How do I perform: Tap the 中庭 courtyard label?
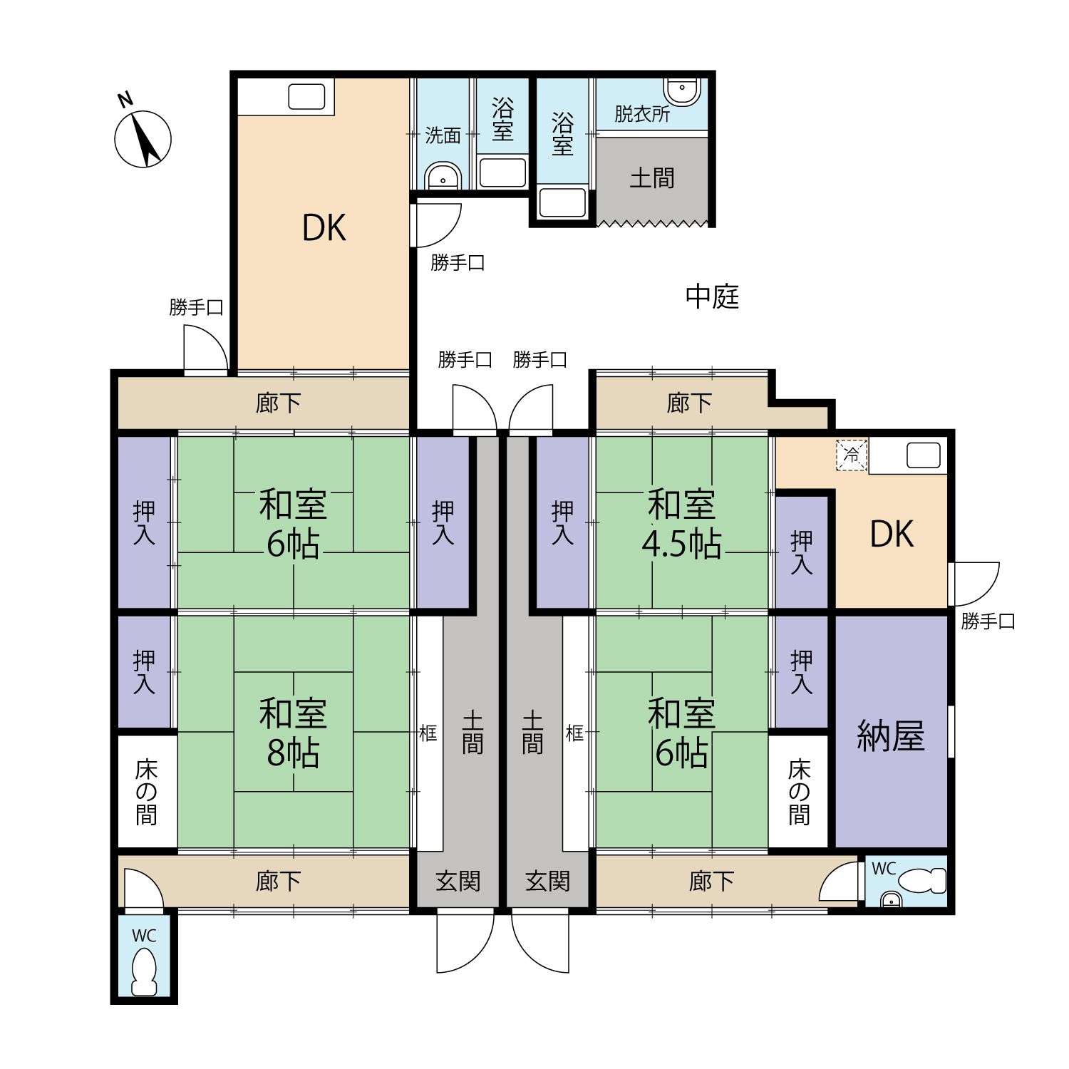pos(712,296)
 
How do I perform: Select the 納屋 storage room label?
pos(891,736)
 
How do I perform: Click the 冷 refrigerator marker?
pos(852,455)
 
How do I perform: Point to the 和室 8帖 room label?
pos(293,733)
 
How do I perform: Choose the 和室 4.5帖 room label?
pos(681,525)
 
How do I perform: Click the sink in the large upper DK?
pos(306,97)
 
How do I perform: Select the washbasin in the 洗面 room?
pos(443,176)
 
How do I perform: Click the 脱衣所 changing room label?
pos(642,114)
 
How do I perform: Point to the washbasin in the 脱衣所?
pos(682,91)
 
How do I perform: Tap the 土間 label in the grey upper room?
pos(652,178)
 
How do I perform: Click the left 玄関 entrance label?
pos(458,882)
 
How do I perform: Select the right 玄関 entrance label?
pos(547,882)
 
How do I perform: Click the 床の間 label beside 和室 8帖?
pos(146,792)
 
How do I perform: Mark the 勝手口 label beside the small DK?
pos(988,621)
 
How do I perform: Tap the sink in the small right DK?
pos(924,456)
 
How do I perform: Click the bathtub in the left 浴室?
pos(502,173)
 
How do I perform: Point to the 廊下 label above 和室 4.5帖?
pos(689,403)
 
